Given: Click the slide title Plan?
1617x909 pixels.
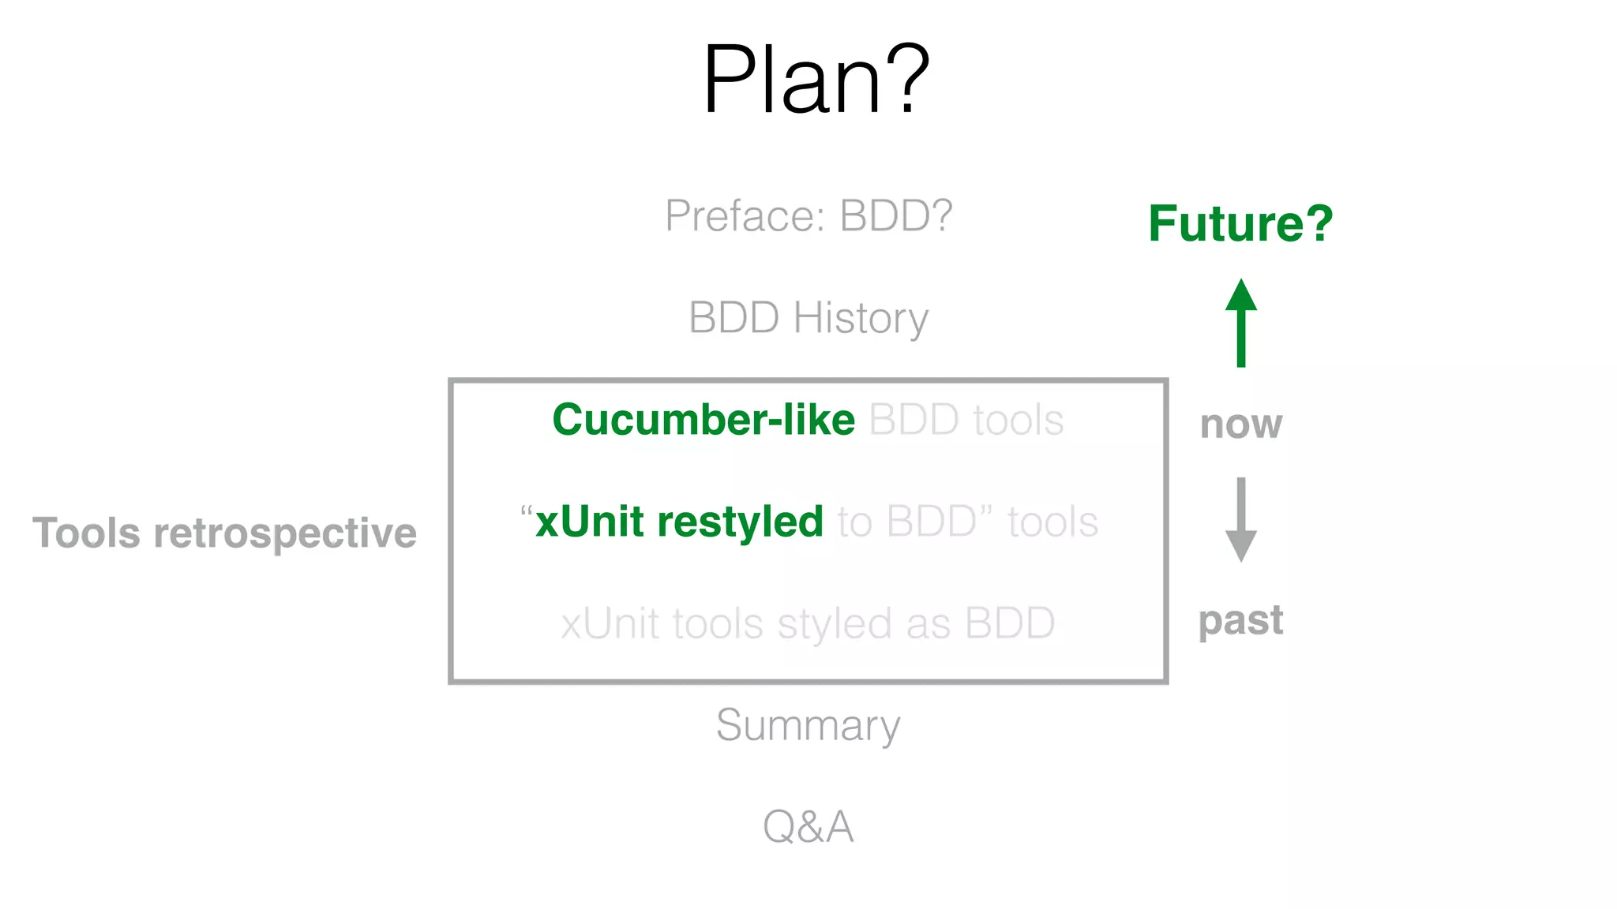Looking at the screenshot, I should coord(816,80).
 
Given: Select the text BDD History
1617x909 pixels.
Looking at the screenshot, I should coord(808,318).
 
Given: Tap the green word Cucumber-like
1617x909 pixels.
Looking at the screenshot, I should coord(703,420).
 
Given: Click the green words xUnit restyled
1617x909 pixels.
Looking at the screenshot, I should coord(679,522).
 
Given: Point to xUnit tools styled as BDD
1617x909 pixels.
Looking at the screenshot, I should coord(808,623).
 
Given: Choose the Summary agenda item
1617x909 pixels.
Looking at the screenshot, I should coord(808,725).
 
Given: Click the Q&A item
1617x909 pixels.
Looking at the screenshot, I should coord(808,827).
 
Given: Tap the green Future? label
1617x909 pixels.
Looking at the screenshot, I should coord(1240,223).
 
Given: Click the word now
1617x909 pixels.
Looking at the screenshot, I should coord(1240,425).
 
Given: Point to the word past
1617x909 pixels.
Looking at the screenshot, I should coord(1240,620).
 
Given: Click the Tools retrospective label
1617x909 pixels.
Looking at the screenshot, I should coord(224,533).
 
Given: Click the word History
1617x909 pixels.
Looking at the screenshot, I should coord(861,318).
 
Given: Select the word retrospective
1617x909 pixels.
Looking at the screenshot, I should coord(285,533).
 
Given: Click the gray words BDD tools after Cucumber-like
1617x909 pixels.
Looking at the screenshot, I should coord(966,420).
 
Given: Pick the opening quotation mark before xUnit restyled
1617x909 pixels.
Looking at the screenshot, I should coord(527,511).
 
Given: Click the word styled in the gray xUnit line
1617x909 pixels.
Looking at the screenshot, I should coord(835,623).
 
